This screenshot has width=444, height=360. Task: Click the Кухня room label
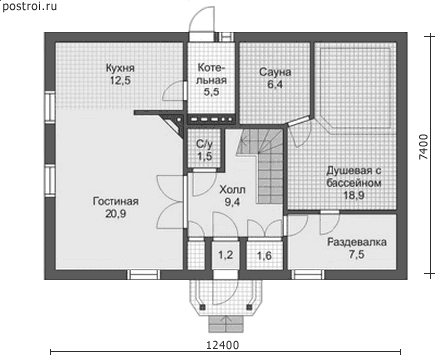[x=120, y=68]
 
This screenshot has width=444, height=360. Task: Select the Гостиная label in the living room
[x=115, y=201]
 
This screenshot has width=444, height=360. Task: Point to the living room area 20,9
[x=115, y=214]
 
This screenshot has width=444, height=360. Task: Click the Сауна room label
[x=275, y=72]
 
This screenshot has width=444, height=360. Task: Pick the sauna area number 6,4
[x=275, y=84]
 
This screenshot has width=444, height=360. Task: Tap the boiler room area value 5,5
[x=211, y=91]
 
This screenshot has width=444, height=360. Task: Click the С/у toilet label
[x=205, y=144]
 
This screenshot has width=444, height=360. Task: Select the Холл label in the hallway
[x=232, y=190]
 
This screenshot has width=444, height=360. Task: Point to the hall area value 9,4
[x=232, y=202]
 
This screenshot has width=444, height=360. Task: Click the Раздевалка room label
[x=356, y=242]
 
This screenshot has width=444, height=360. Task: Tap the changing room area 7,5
[x=357, y=255]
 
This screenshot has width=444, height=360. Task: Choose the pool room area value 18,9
[x=354, y=195]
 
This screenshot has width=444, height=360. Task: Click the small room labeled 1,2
[x=225, y=255]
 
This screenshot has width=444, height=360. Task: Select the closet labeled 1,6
[x=264, y=256]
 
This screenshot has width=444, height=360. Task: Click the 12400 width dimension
[x=223, y=345]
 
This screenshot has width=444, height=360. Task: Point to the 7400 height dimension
[x=423, y=147]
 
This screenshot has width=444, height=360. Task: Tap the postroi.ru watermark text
[x=29, y=6]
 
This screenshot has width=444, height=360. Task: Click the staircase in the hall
[x=262, y=166]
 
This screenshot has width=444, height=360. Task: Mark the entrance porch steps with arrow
[x=226, y=324]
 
